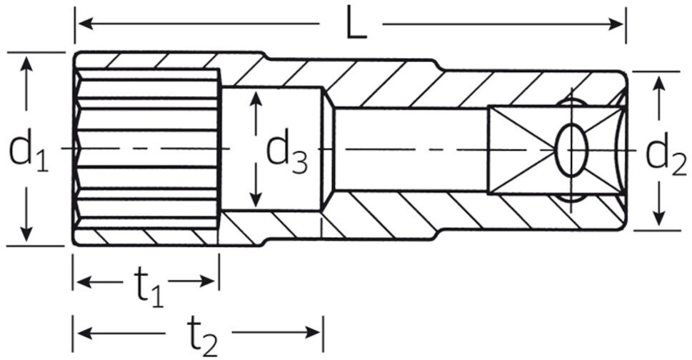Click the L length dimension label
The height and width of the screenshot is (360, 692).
[x=355, y=24]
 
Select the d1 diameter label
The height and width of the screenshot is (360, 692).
[x=29, y=150]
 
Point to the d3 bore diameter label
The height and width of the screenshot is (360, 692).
[x=286, y=151]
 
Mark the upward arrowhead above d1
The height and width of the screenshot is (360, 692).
[x=27, y=64]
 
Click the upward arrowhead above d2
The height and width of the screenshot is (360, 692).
[x=659, y=83]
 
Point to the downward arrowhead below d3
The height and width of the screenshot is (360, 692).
[x=256, y=198]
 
